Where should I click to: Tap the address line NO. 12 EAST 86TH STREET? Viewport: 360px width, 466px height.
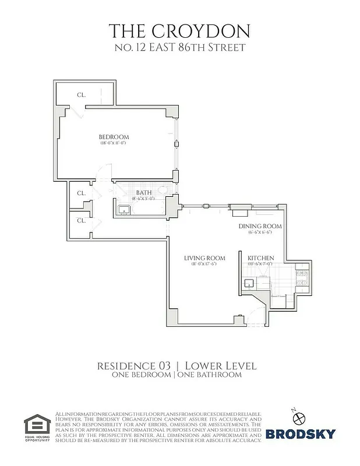point(180,47)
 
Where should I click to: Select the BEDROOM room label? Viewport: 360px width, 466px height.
point(114,137)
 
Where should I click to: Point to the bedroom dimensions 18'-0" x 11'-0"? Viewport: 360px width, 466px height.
point(114,143)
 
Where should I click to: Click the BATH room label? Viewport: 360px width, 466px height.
point(143,192)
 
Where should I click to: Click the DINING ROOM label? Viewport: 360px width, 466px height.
point(260,226)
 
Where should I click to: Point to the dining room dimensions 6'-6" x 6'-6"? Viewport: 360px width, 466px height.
point(260,233)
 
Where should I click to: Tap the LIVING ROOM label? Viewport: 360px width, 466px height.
point(204,258)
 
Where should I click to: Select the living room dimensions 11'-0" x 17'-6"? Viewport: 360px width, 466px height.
point(204,265)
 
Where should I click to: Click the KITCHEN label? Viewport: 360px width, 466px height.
point(260,258)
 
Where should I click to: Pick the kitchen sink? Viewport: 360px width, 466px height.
point(248,284)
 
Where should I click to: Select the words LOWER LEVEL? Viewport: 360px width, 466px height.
point(220,365)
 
